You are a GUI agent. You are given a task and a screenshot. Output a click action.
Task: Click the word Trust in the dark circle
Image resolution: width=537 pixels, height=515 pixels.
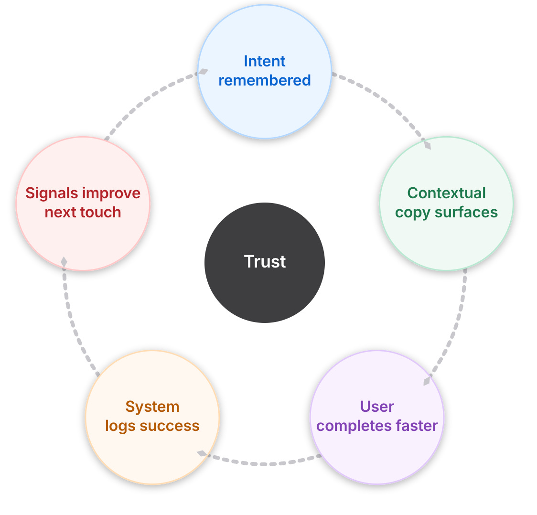pos(265,262)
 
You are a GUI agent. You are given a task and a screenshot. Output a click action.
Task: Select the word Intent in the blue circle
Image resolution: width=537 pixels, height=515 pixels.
pos(265,61)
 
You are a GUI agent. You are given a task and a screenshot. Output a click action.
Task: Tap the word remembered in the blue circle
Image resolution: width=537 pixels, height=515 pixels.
pos(265,80)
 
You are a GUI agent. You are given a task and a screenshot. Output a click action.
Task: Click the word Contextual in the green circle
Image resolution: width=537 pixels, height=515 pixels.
pos(446,193)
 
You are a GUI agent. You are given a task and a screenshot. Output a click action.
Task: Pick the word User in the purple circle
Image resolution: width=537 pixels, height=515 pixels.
pos(377,407)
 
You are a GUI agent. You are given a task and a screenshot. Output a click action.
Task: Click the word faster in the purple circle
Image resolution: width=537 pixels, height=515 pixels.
pos(414,426)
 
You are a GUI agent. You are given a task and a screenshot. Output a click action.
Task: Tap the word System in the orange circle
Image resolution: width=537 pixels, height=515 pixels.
pos(152,407)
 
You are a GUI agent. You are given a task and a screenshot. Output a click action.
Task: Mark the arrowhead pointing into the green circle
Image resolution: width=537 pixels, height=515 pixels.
pos(427,144)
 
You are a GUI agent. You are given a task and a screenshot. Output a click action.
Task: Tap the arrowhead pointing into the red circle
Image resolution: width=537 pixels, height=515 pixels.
pos(64,262)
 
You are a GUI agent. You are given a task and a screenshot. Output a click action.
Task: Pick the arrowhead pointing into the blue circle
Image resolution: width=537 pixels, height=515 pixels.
pos(203,72)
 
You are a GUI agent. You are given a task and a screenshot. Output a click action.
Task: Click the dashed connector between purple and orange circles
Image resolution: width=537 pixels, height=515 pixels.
pos(263,463)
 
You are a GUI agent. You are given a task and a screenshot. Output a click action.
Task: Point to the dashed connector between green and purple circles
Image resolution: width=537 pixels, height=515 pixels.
pos(456,325)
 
